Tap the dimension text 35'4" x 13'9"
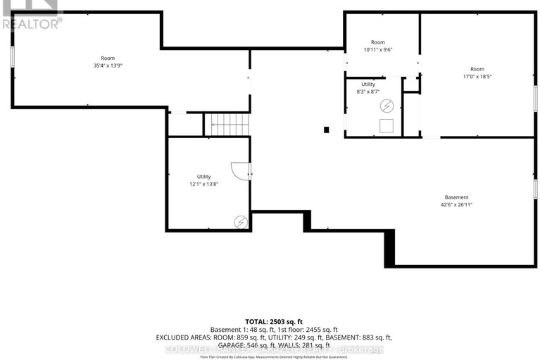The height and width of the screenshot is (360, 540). [x=108, y=66]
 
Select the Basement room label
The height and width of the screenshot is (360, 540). [x=456, y=197]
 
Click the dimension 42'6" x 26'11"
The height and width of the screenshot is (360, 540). [x=456, y=206]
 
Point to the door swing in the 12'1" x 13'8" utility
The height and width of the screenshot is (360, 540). [x=241, y=171]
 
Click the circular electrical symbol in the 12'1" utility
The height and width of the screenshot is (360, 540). [x=241, y=221]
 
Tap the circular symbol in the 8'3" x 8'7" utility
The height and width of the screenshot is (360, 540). [x=386, y=106]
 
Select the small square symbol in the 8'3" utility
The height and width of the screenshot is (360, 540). [x=386, y=125]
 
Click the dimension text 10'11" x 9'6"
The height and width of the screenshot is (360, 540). [x=378, y=50]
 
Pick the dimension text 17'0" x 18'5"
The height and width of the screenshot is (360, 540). [x=477, y=77]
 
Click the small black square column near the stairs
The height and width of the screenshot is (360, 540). [x=326, y=130]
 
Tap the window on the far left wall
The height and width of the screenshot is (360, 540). [x=12, y=58]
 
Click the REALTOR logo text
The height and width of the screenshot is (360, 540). [x=31, y=23]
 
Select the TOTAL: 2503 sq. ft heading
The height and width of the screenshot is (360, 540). [x=270, y=321]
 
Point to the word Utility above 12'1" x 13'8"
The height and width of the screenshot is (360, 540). [x=203, y=177]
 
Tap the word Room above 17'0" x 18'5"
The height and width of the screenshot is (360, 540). [x=477, y=69]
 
